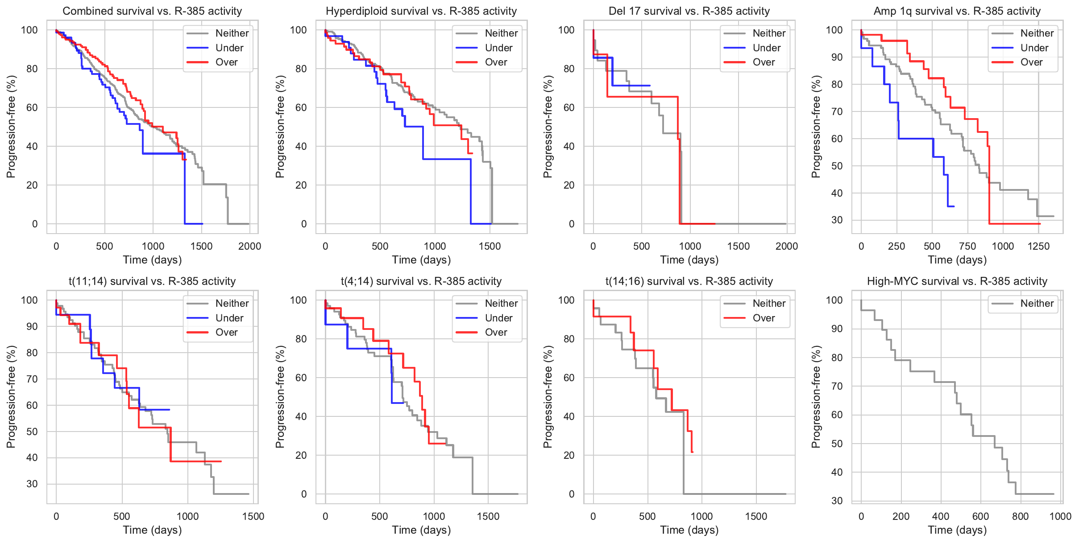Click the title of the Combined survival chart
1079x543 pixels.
[x=152, y=11]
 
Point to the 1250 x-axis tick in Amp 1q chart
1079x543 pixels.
[x=1038, y=246]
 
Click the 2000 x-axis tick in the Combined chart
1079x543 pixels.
[x=249, y=246]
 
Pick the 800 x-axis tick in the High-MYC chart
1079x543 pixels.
[x=1021, y=516]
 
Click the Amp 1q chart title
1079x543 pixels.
[x=957, y=11]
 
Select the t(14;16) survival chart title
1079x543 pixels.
[x=689, y=281]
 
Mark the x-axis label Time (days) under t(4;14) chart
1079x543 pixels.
[x=421, y=530]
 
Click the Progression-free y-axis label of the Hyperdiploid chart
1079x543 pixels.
[x=280, y=127]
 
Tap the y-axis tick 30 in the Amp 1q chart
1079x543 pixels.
[x=837, y=220]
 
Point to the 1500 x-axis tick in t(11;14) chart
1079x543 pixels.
[x=253, y=516]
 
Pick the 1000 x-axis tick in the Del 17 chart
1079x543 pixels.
[x=690, y=246]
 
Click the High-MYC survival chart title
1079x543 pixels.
[x=957, y=281]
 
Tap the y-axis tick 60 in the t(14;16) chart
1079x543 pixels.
[x=569, y=378]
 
